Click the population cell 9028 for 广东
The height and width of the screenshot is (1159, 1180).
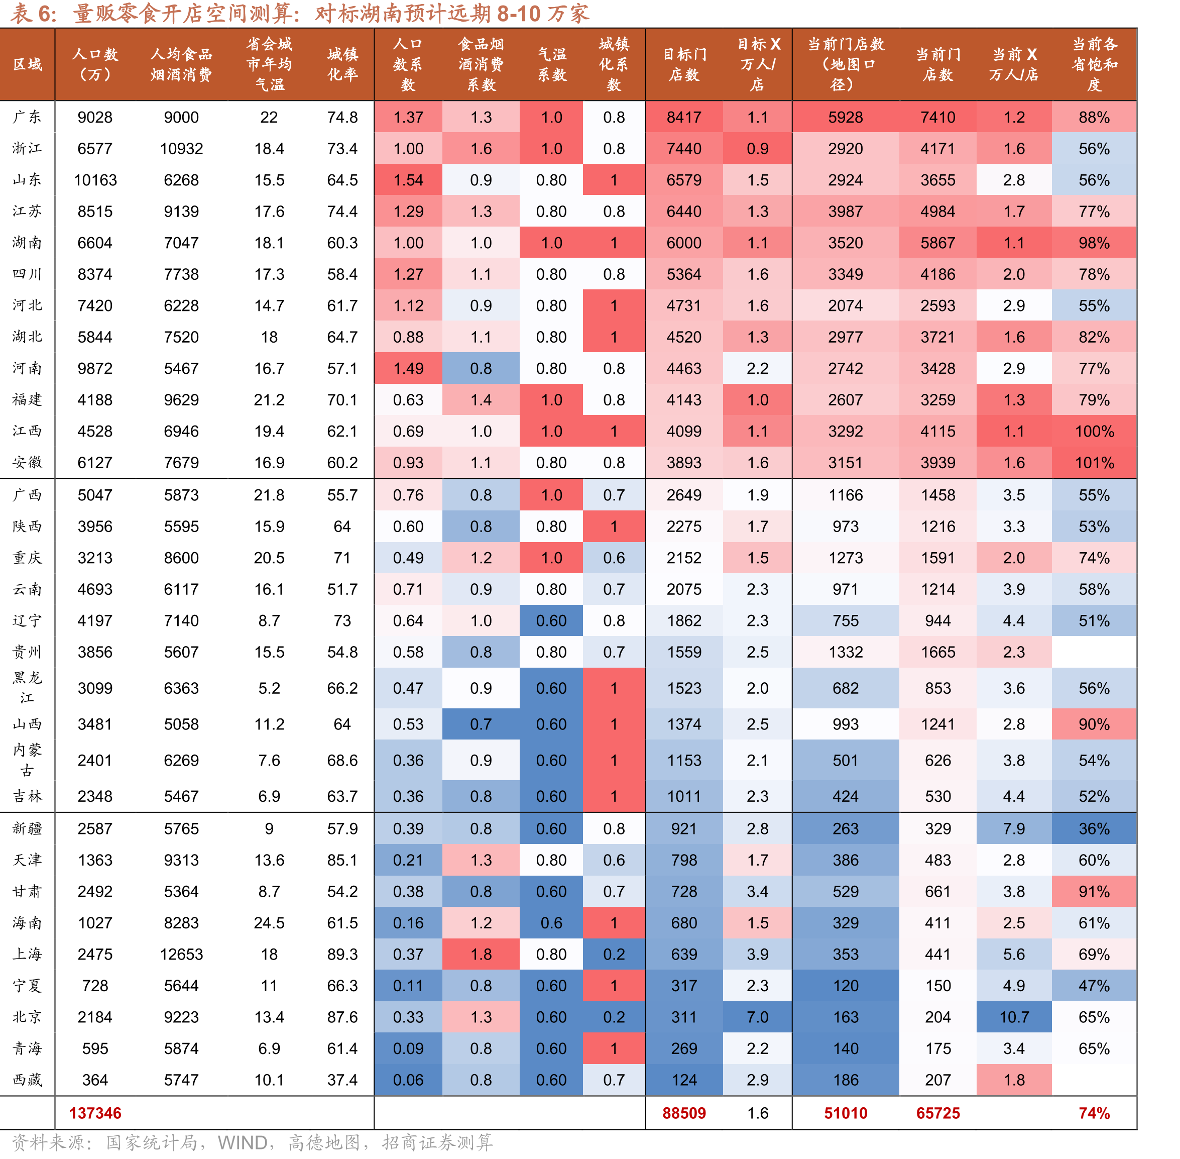click(x=95, y=117)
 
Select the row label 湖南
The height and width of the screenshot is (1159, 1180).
click(x=28, y=243)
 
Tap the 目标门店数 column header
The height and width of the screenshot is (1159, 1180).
click(x=684, y=64)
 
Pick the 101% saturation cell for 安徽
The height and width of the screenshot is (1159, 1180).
click(x=1094, y=463)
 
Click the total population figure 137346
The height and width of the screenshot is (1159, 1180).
click(x=95, y=1113)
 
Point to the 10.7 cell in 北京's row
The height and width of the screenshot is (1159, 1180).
click(x=1014, y=1017)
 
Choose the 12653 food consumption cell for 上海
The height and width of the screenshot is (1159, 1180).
click(x=181, y=955)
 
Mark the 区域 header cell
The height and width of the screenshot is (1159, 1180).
click(x=28, y=64)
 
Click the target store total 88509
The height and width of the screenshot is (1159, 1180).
click(x=684, y=1113)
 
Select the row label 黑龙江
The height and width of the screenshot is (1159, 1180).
click(x=28, y=688)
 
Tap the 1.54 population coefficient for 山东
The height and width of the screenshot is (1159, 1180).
click(x=408, y=180)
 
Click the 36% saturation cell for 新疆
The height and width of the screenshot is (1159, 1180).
click(x=1094, y=828)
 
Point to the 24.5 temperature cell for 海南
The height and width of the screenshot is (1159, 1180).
click(x=269, y=923)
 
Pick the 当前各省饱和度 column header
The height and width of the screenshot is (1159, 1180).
click(x=1094, y=64)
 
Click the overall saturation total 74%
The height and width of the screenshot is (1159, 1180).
click(x=1094, y=1113)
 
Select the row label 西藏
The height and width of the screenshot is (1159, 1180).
click(x=28, y=1080)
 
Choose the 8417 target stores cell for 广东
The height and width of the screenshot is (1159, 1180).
click(x=684, y=117)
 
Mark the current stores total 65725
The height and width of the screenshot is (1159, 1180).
click(x=938, y=1113)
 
